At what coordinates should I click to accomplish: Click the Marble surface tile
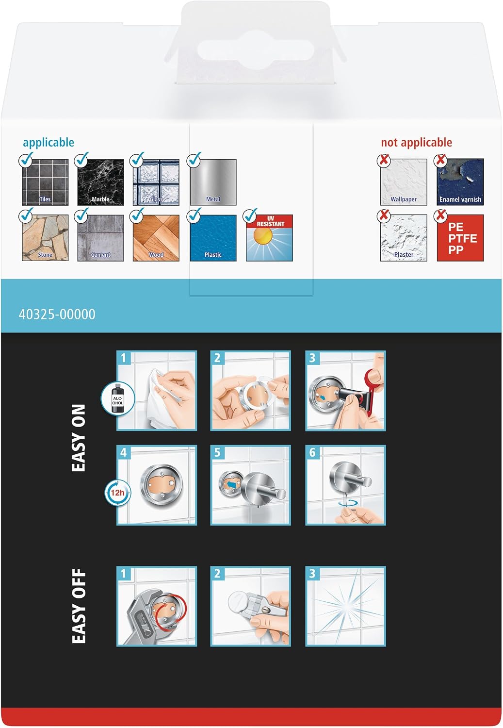tap(101, 182)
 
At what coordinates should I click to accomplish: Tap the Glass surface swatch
tap(156, 182)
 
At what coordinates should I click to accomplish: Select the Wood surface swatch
tap(156, 238)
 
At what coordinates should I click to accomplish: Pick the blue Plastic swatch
tap(213, 238)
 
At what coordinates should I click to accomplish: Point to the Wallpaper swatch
tap(404, 182)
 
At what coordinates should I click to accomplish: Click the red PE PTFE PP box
tap(460, 238)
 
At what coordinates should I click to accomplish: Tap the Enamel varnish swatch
tap(460, 182)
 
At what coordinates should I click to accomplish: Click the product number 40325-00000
tap(57, 314)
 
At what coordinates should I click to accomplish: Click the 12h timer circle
tap(117, 493)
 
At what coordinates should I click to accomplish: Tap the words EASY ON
tap(78, 438)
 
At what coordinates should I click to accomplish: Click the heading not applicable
tap(416, 142)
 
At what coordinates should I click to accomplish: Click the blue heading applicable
tap(49, 143)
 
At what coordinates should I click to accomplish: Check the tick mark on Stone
tap(26, 215)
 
